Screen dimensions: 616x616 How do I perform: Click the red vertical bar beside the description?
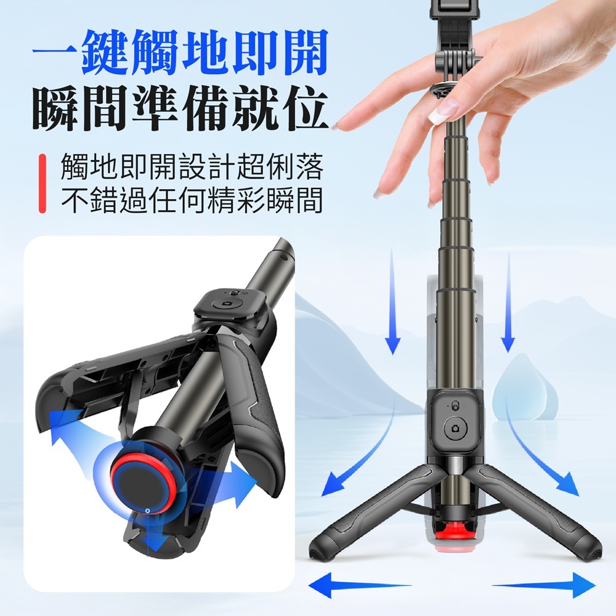[43, 184]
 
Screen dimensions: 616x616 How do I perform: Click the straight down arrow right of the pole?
[508, 302]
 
